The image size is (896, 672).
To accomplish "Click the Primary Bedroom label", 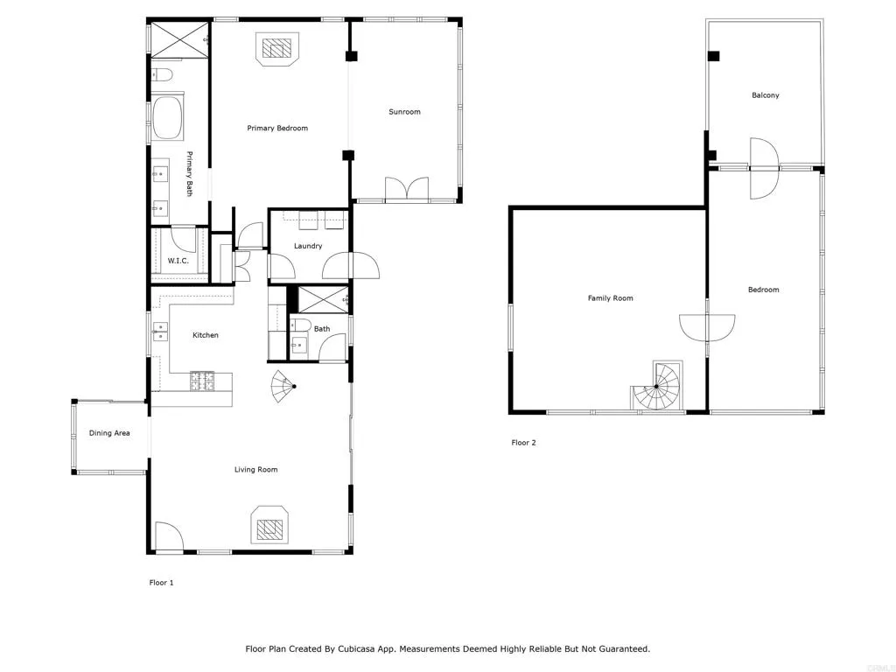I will point(277,129).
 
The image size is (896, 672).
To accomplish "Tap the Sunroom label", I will point(405,112).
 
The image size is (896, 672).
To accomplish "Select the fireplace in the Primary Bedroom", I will point(276,49).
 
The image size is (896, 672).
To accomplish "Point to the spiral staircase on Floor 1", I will point(284,383).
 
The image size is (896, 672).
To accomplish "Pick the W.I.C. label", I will point(178,262).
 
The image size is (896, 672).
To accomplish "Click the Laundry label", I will point(308,246).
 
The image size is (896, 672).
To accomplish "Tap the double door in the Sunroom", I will point(407,189).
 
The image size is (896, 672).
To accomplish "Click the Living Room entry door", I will point(168,535).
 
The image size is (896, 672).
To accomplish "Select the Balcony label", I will point(765,95).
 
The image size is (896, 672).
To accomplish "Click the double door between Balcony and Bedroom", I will point(763,167).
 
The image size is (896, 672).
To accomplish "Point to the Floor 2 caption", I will point(523,443).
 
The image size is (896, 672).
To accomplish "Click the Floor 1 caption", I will point(161,583).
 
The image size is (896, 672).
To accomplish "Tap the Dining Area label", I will point(109,433).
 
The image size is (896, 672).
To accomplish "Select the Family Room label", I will point(610,298).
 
